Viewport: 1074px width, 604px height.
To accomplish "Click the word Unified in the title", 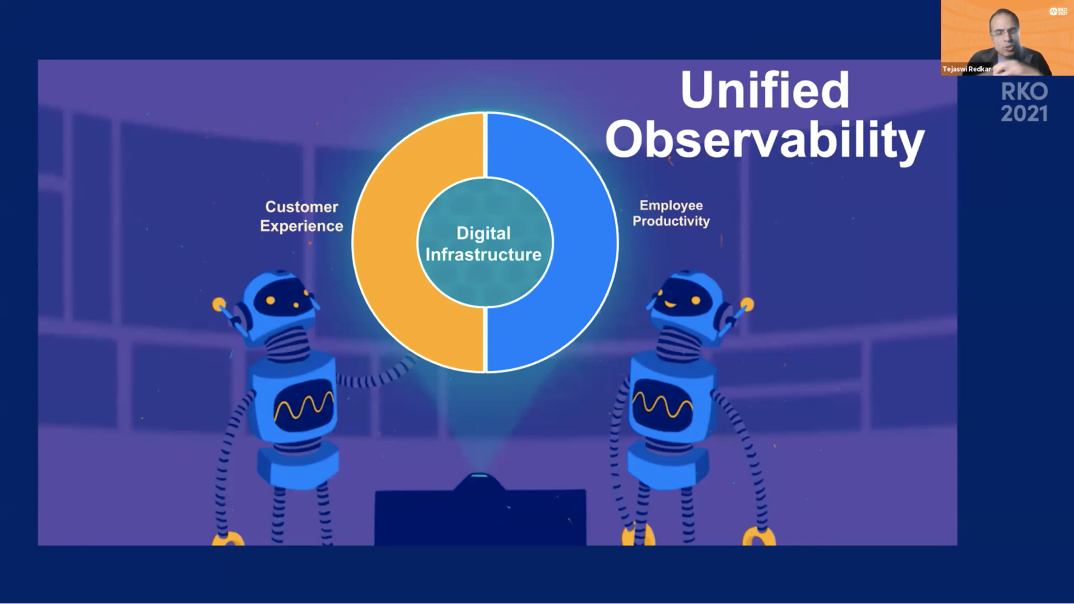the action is (x=765, y=89).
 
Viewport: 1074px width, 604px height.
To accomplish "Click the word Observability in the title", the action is (x=765, y=140).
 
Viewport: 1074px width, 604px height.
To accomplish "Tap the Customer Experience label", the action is (x=301, y=216).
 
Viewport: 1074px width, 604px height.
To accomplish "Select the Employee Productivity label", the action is (x=671, y=213).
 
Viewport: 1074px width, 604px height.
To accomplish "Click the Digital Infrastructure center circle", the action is (x=484, y=243).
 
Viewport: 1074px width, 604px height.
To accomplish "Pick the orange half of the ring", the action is (x=385, y=242).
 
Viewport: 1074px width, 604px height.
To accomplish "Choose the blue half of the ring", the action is (x=586, y=242).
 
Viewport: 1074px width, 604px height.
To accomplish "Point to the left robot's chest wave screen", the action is (x=304, y=406).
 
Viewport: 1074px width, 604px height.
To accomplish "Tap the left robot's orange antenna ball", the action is (x=219, y=305).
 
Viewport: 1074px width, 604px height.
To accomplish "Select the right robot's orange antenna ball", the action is (x=747, y=305).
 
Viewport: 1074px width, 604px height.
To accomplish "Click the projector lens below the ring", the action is (x=479, y=477).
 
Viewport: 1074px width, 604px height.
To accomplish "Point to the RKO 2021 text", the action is (x=1024, y=103).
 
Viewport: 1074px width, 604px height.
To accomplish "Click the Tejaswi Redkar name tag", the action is (x=967, y=69).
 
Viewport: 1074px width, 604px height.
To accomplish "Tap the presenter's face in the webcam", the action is (x=1004, y=33).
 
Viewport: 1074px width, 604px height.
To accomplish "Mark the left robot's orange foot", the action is (x=228, y=538).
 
